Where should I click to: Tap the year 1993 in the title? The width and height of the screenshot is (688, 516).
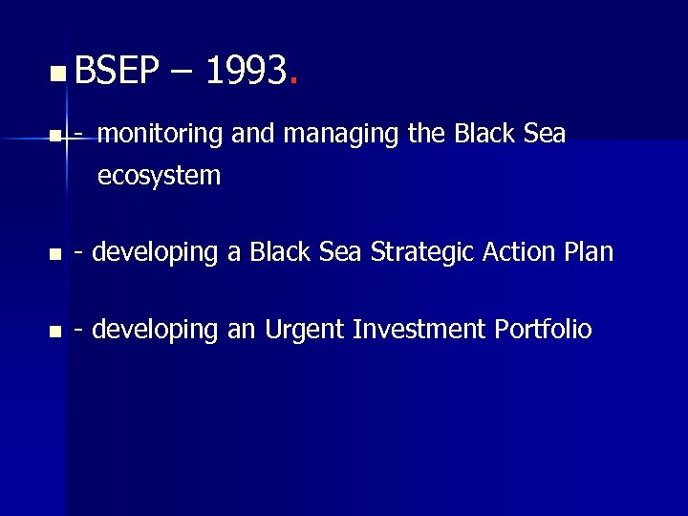246,71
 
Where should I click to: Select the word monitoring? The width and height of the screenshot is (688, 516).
161,136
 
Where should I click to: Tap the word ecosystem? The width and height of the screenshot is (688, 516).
159,176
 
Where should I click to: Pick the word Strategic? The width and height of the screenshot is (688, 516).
423,252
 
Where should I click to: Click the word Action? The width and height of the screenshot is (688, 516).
517,252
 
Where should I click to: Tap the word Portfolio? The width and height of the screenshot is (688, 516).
544,331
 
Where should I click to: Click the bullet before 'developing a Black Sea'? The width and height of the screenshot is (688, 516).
55,254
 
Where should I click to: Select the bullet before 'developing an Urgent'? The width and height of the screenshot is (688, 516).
55,333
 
